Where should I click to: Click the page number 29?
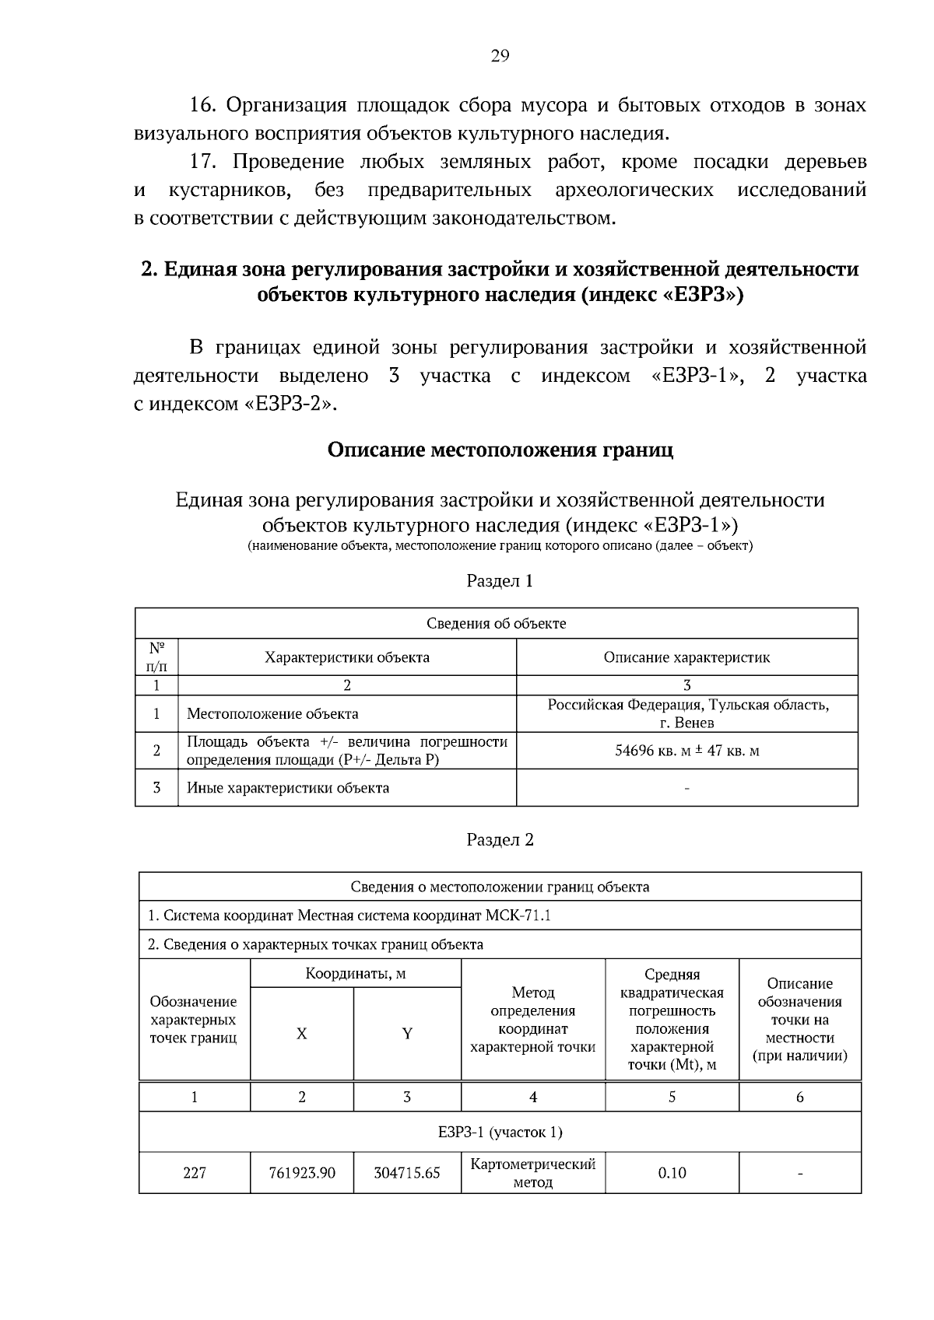[x=499, y=55]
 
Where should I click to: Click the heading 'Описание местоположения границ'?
[x=500, y=450]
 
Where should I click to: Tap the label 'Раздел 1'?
[x=500, y=581]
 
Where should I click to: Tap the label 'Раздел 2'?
[x=500, y=840]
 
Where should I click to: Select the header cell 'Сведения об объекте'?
[x=497, y=623]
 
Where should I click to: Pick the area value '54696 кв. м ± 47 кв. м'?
[x=686, y=751]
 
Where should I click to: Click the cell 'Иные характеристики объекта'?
[x=288, y=788]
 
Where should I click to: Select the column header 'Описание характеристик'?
[x=686, y=657]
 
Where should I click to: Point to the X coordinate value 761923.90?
[x=302, y=1172]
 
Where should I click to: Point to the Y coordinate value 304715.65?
[x=407, y=1172]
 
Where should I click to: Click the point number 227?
[x=195, y=1172]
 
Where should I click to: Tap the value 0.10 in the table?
[x=672, y=1172]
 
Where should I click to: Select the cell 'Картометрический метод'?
[x=533, y=1172]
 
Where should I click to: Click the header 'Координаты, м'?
[x=356, y=974]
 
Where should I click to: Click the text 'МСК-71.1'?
[x=518, y=916]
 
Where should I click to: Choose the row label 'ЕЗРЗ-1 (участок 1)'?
[x=500, y=1132]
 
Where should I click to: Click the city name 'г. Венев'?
[x=686, y=723]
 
